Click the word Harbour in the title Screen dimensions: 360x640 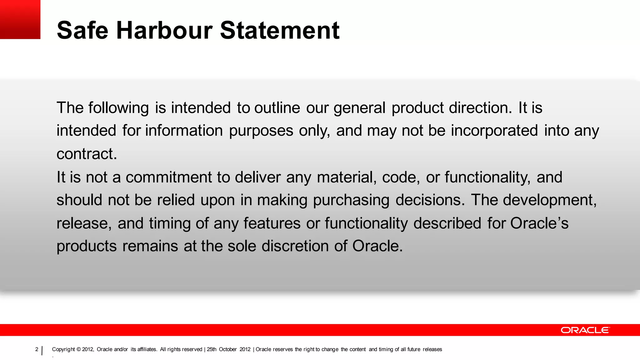click(x=164, y=30)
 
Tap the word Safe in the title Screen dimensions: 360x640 click(x=82, y=30)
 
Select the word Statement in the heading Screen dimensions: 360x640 click(x=280, y=30)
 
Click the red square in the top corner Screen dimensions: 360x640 click(x=20, y=19)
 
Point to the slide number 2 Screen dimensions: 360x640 click(x=37, y=349)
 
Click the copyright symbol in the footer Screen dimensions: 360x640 click(x=78, y=349)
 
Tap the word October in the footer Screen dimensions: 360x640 click(x=227, y=349)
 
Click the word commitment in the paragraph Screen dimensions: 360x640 click(x=169, y=177)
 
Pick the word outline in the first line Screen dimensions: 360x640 click(x=277, y=108)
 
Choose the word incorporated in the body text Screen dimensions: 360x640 click(x=494, y=131)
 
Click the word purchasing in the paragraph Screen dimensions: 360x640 click(x=351, y=200)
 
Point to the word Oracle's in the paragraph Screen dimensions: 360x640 click(x=539, y=223)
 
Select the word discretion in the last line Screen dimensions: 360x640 click(x=295, y=246)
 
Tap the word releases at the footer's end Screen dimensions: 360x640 click(x=432, y=349)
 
